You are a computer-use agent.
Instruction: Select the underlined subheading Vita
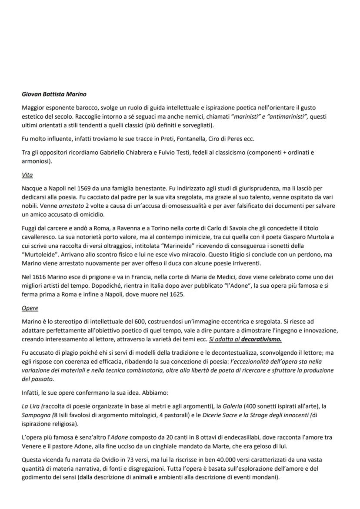click(x=27, y=175)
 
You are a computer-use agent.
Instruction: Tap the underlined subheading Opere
click(x=30, y=308)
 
